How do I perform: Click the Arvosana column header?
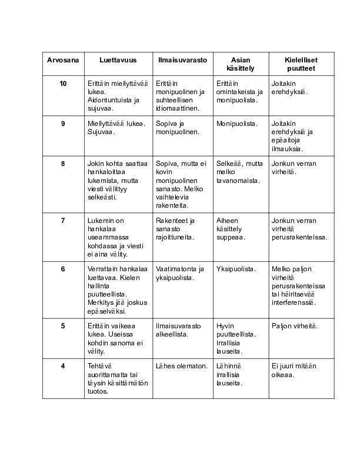(62, 60)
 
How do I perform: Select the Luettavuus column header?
(118, 60)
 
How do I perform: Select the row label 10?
(63, 84)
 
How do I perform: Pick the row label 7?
(63, 221)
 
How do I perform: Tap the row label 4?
(63, 366)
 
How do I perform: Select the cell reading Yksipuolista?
(236, 269)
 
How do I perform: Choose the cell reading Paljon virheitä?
(294, 325)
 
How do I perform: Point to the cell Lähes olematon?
(182, 366)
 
